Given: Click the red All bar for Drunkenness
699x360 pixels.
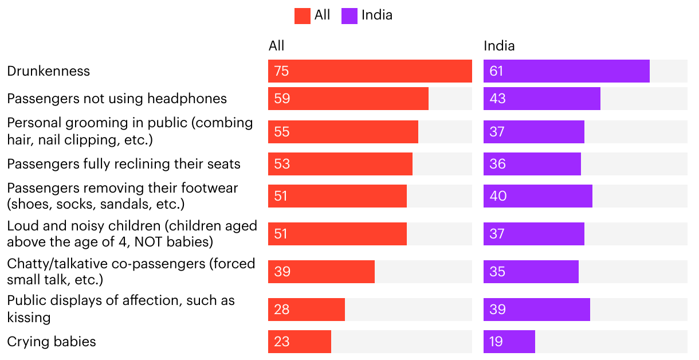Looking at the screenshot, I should (370, 71).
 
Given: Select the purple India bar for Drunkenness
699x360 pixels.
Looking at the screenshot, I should (566, 71).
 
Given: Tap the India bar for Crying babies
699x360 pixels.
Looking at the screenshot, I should (509, 342).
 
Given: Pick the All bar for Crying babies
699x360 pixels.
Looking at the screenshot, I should (299, 342).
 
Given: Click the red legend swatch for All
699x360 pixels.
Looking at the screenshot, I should (302, 15).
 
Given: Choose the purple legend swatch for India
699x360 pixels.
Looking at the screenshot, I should (349, 15).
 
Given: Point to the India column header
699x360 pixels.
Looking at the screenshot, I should (499, 46).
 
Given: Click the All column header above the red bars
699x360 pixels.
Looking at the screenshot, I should (276, 46).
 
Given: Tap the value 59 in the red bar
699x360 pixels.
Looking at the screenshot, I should (282, 99).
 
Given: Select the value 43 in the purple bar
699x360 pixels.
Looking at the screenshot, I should (497, 99).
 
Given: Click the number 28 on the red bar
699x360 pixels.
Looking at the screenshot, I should (282, 310).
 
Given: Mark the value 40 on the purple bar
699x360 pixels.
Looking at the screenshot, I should (498, 196).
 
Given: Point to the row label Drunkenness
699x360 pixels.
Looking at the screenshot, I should (49, 71).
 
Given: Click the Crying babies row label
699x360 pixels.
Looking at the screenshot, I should (52, 342).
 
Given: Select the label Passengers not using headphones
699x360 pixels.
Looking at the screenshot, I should (117, 99).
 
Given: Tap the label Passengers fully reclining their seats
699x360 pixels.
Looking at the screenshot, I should (124, 164).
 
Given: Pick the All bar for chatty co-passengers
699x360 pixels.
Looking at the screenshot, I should (321, 272).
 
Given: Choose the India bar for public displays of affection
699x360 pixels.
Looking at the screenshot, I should (536, 310).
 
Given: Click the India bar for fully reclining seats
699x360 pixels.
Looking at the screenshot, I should (532, 164).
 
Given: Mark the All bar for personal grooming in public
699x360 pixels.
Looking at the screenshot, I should (343, 132).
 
